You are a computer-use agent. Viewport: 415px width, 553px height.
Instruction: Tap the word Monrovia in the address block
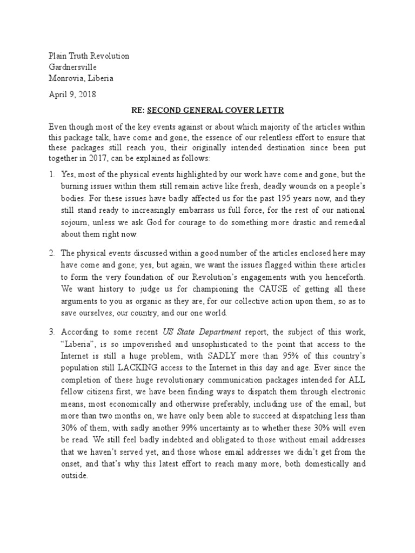66,78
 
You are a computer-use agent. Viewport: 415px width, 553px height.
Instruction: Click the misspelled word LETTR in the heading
270,111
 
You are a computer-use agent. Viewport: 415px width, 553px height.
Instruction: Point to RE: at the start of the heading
138,111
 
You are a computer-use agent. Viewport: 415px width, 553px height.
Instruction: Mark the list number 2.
52,253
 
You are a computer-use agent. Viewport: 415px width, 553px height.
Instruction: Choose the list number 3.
52,332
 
